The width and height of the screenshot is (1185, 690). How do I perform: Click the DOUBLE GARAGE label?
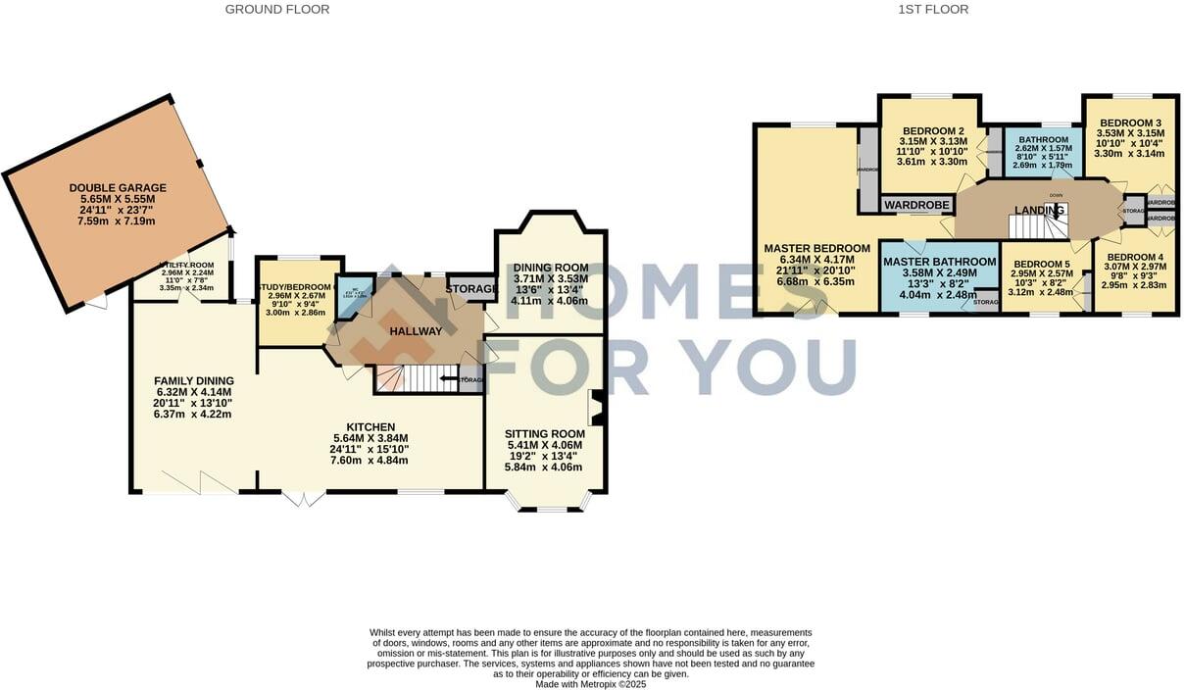tap(118, 187)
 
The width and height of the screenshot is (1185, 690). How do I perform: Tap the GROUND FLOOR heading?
tap(277, 10)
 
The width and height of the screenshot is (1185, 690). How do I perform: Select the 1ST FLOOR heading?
tap(933, 10)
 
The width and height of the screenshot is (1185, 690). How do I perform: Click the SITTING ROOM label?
tap(545, 433)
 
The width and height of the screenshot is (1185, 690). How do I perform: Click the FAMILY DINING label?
tap(194, 381)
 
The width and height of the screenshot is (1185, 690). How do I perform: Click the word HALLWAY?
tap(416, 331)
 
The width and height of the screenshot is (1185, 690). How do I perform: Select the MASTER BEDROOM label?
tap(816, 248)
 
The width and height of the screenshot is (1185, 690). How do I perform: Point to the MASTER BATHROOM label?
tap(939, 262)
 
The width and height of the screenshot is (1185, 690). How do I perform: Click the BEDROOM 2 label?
tap(933, 131)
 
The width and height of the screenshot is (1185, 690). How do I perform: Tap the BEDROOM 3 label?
tap(1130, 123)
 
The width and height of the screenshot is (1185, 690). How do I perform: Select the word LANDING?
tap(1039, 210)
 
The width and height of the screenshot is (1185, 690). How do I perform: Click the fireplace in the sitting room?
tap(595, 408)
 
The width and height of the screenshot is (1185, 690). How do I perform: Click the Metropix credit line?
tap(590, 684)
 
